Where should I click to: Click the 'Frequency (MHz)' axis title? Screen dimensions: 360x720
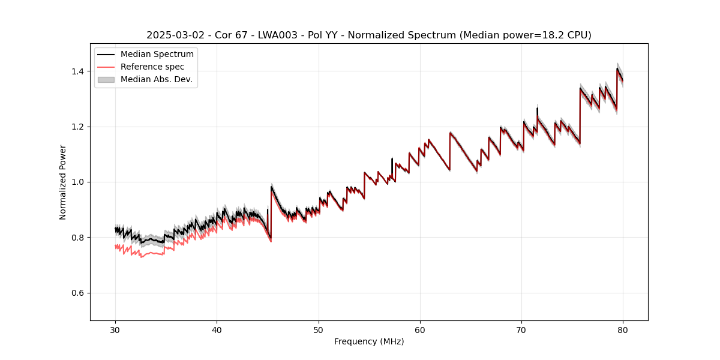tap(369, 341)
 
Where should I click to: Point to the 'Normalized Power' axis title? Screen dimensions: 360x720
tap(63, 182)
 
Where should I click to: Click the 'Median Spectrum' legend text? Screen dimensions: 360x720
tap(157, 55)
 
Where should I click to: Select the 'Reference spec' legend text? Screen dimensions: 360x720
tap(152, 67)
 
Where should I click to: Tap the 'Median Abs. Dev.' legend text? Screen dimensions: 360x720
tap(156, 79)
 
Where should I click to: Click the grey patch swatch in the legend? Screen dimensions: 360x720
tap(106, 79)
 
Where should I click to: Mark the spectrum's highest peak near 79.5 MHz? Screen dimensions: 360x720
tap(617, 68)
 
